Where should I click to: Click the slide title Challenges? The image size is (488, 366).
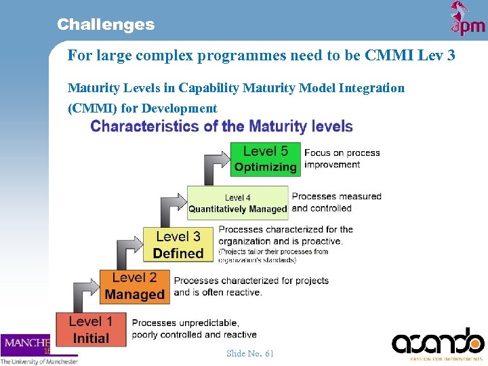click(106, 25)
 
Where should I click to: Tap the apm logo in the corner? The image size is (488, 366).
click(468, 18)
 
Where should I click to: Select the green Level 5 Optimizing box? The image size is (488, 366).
click(265, 159)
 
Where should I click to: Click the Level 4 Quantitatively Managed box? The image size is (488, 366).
click(238, 203)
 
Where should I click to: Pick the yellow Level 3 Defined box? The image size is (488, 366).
click(178, 245)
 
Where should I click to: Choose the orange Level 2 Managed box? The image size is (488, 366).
click(134, 286)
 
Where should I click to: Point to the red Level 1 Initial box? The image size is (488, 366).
click(90, 329)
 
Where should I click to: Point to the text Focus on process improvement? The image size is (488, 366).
click(342, 159)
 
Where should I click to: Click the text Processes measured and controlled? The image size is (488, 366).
click(336, 202)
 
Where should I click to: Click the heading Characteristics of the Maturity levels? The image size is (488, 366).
click(222, 126)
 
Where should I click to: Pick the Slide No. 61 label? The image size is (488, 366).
click(250, 353)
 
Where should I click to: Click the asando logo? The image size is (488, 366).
click(438, 342)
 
